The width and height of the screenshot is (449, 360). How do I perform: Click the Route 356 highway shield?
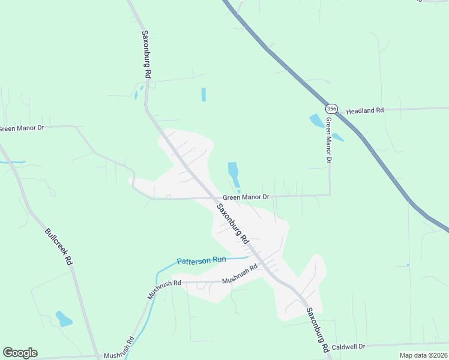click(332, 109)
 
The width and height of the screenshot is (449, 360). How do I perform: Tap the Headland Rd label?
click(364, 111)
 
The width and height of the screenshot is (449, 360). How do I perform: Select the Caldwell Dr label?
click(348, 347)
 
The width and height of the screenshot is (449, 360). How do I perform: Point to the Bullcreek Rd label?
click(58, 246)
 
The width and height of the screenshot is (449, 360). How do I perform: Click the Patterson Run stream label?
click(201, 260)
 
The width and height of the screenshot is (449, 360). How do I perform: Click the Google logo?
click(20, 353)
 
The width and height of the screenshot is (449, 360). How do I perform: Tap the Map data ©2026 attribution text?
click(423, 355)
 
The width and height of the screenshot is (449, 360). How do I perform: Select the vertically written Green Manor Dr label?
click(328, 140)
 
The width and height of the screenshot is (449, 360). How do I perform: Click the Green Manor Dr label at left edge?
click(22, 128)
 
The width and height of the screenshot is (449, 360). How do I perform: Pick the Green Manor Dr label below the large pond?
click(246, 197)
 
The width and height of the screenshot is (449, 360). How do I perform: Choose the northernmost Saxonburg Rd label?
click(146, 54)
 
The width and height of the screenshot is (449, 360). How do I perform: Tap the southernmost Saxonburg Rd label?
click(317, 329)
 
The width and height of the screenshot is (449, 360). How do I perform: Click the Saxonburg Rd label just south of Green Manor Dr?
click(233, 223)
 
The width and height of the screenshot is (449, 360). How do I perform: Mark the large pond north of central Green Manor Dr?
click(234, 173)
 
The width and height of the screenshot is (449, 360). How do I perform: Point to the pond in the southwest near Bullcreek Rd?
click(63, 319)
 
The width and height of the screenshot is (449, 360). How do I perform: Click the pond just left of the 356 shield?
click(315, 120)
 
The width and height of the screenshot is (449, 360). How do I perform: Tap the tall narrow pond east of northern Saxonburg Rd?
click(203, 94)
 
